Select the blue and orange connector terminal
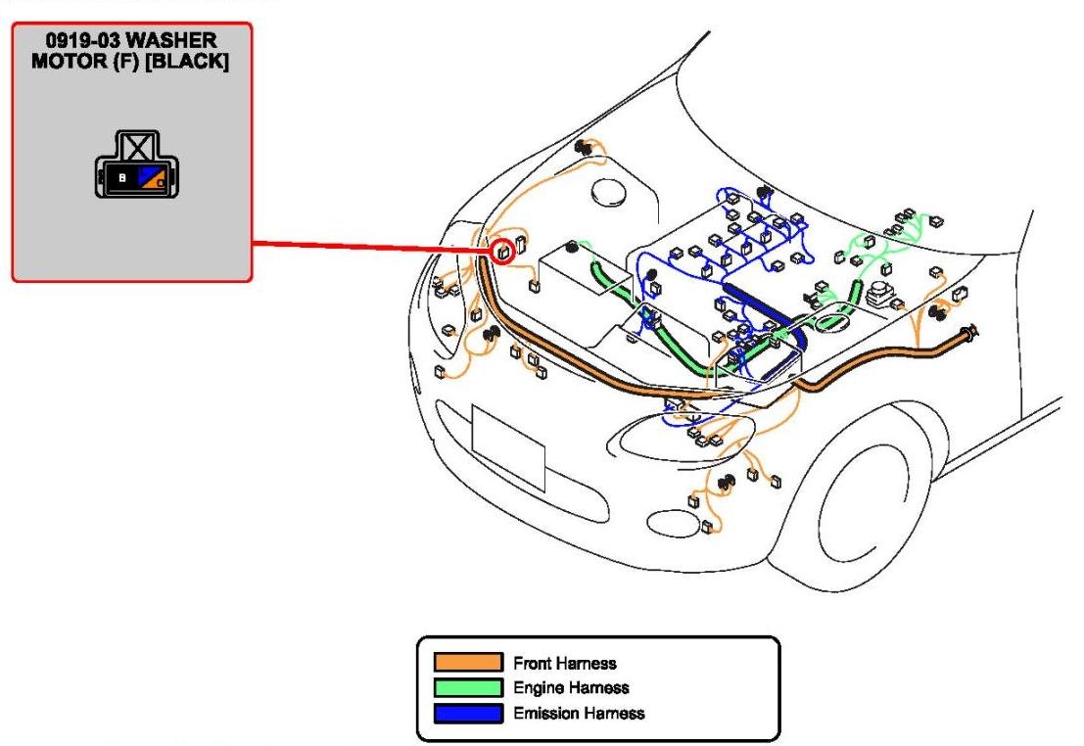pyautogui.click(x=151, y=178)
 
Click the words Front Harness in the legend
pyautogui.click(x=565, y=664)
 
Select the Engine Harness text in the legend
pyautogui.click(x=571, y=688)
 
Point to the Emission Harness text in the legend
pyautogui.click(x=579, y=713)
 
